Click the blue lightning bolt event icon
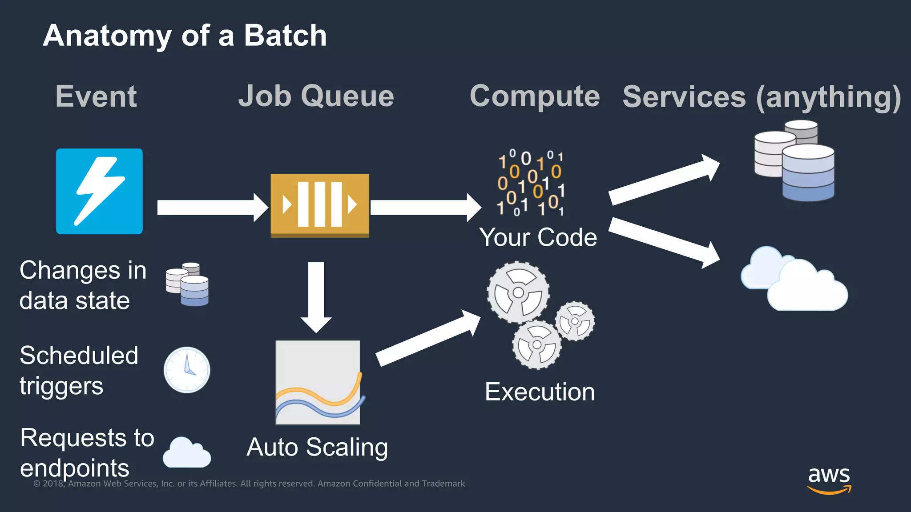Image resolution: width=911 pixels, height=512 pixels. [99, 191]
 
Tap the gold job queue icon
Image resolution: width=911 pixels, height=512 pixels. [319, 205]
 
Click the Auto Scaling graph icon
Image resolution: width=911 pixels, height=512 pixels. [318, 382]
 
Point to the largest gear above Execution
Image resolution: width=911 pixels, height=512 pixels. [518, 292]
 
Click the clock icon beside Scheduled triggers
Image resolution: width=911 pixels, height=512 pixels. [187, 370]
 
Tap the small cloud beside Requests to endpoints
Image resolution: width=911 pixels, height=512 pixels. [186, 453]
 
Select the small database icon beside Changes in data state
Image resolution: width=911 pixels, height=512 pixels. [187, 284]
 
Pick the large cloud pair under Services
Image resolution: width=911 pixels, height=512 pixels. [794, 280]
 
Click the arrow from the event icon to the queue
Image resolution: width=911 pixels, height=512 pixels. [211, 207]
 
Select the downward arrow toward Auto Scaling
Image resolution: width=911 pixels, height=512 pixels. [316, 296]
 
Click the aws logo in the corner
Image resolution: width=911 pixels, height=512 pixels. [829, 479]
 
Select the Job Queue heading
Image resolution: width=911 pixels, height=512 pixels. [316, 96]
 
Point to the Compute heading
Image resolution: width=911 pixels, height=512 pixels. [535, 96]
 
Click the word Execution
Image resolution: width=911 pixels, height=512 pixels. [540, 392]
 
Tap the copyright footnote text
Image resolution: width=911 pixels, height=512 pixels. [249, 484]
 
